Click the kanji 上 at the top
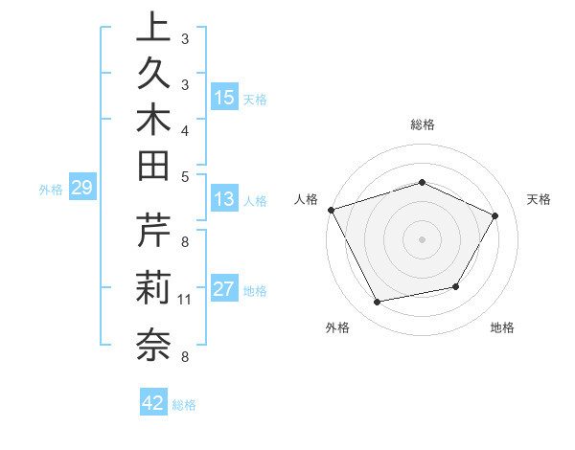(x=154, y=30)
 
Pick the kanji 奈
(x=154, y=344)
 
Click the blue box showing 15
(x=224, y=98)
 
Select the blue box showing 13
(x=224, y=200)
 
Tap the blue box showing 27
(x=224, y=290)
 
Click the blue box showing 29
(x=81, y=189)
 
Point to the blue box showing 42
(x=153, y=403)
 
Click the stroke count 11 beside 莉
(x=185, y=300)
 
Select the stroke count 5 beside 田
(x=185, y=175)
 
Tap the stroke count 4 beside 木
(x=185, y=129)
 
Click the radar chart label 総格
(x=423, y=124)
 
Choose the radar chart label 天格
(x=540, y=199)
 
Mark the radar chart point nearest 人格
(x=332, y=210)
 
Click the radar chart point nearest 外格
(x=378, y=303)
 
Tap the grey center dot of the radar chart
(x=423, y=239)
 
